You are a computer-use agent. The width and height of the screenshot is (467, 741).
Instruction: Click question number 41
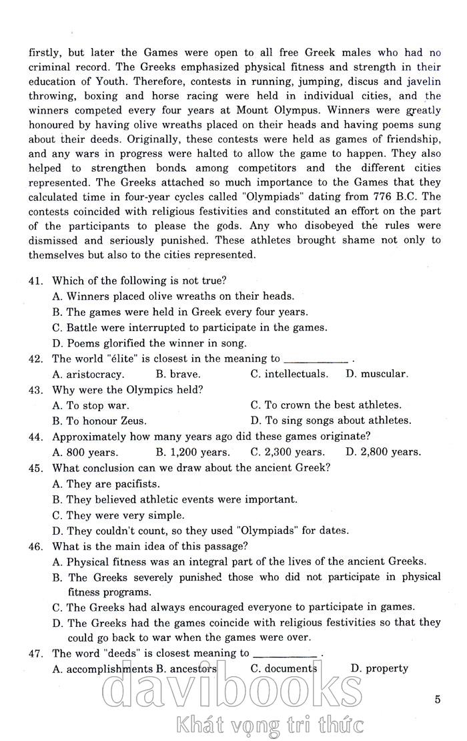(x=35, y=281)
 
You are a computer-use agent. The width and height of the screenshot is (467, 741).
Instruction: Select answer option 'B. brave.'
(x=177, y=375)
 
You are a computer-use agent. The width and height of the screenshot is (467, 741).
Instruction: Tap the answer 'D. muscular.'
(x=376, y=375)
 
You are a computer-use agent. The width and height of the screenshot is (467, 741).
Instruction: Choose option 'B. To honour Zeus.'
(x=99, y=421)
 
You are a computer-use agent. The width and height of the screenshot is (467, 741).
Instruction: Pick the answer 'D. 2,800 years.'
(x=383, y=452)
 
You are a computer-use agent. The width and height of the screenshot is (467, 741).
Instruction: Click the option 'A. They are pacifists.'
(x=105, y=484)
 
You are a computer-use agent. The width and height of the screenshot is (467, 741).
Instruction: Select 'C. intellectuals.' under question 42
(x=290, y=375)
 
